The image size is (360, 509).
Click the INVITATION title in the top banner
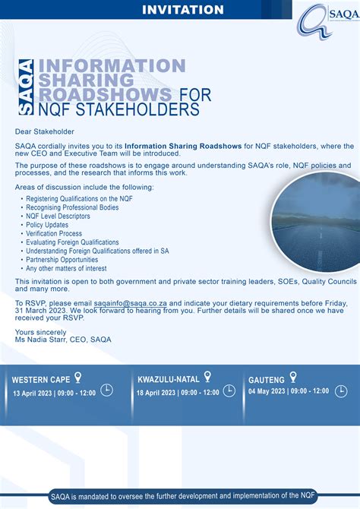tap(183, 10)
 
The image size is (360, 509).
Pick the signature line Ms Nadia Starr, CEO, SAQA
tap(63, 340)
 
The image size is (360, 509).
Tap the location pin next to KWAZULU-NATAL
tap(208, 376)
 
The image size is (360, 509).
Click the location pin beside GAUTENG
tap(293, 376)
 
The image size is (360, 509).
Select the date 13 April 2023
tap(35, 392)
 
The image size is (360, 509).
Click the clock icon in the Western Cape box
tap(106, 390)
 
